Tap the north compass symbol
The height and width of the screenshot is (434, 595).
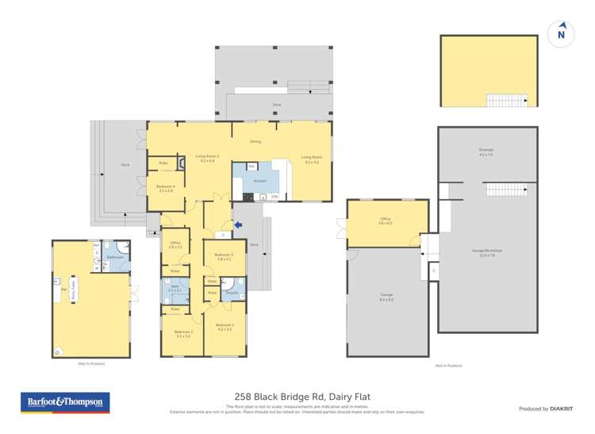click(x=561, y=33)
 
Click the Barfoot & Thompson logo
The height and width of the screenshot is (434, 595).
click(x=65, y=402)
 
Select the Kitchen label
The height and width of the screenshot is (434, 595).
click(x=247, y=181)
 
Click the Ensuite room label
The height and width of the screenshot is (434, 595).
click(x=232, y=293)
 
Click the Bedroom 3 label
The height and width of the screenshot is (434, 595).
click(x=182, y=334)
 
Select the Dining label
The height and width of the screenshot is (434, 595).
click(x=255, y=141)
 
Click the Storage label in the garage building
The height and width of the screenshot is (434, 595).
click(x=486, y=151)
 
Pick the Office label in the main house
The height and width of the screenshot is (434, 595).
click(x=175, y=244)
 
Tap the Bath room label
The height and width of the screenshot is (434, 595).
click(x=175, y=288)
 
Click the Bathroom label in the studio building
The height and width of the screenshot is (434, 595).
click(x=114, y=257)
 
